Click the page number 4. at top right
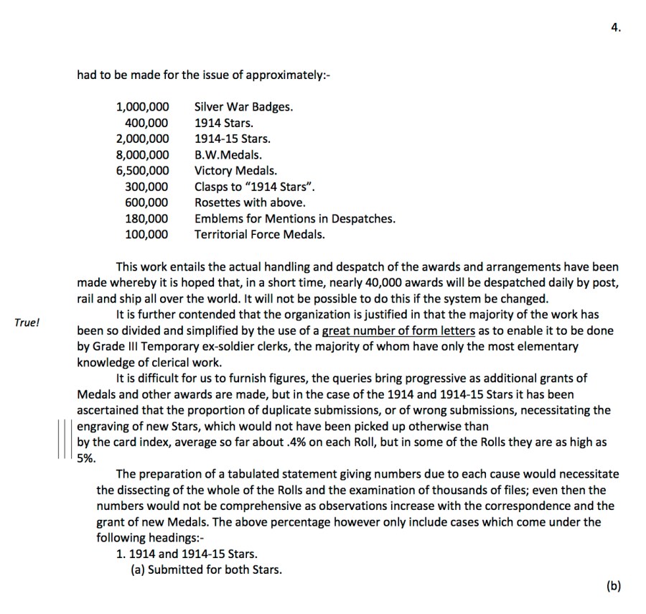(x=617, y=28)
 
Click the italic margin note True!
(x=27, y=322)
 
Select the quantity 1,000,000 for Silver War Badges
(x=143, y=107)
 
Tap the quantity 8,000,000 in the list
(x=143, y=154)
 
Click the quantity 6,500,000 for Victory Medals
(x=143, y=171)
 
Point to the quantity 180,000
(x=147, y=218)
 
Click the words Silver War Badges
(x=243, y=107)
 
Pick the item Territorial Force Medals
(x=259, y=234)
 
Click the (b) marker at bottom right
(x=614, y=586)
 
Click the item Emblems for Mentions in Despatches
(x=294, y=218)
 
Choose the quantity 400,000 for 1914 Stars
(x=147, y=123)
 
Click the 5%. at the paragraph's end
(x=86, y=458)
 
